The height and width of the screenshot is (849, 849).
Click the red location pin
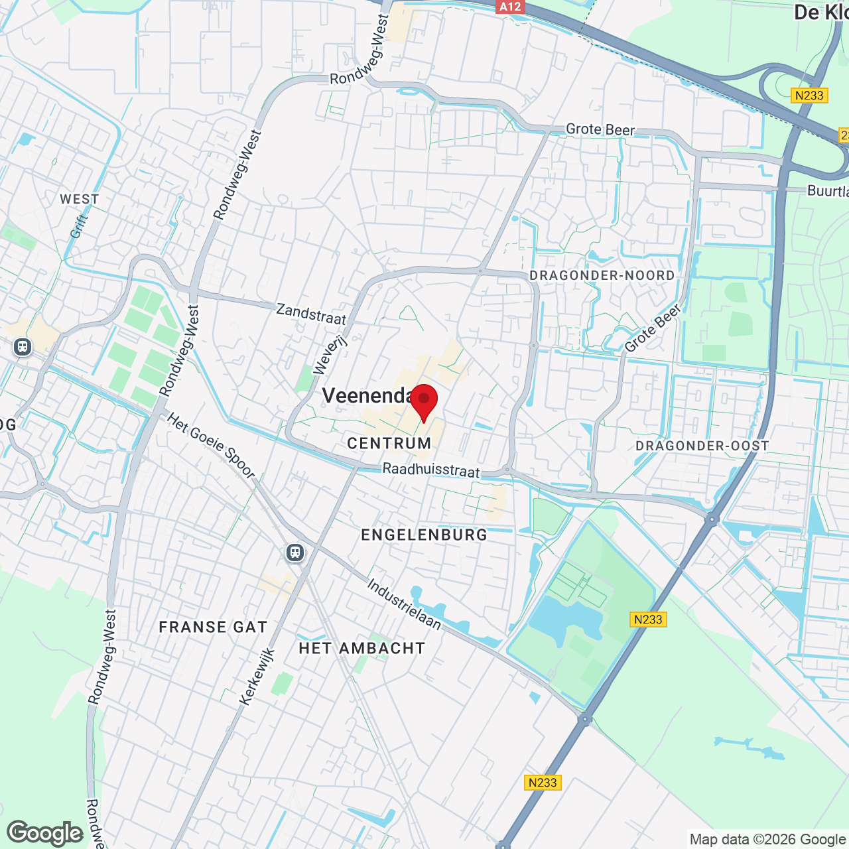coord(424,400)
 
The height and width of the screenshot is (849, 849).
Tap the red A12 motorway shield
coord(509,7)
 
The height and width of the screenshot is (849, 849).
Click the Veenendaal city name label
coord(368,396)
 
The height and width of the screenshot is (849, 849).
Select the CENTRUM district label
coord(389,443)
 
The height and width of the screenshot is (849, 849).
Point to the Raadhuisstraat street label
coord(431,470)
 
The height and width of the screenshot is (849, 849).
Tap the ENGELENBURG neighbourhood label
coord(424,535)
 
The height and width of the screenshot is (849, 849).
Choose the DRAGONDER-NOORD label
coord(602,275)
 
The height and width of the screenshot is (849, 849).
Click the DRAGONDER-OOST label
coord(702,446)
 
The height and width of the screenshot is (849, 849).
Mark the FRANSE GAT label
coord(213,627)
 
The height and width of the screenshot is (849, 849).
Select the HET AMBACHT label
coord(362,648)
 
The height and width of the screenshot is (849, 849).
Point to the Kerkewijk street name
coord(257,677)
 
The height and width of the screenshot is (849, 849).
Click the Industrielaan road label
coord(404,604)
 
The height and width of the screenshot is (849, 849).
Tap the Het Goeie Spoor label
coord(211,446)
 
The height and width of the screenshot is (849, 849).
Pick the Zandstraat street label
coord(311,314)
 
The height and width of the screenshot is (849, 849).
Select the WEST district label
coord(79,199)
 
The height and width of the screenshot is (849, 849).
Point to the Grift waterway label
coord(79,226)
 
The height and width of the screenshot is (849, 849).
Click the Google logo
coord(45,833)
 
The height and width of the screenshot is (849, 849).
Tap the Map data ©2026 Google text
coord(767,840)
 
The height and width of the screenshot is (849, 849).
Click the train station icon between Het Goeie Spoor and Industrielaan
coord(295,553)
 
